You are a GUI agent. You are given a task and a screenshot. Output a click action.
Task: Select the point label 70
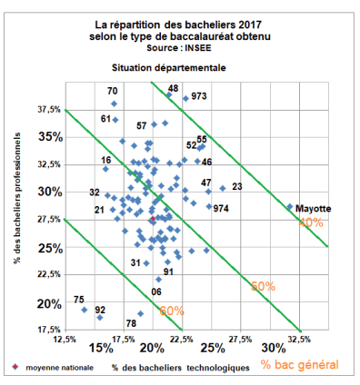click(x=113, y=91)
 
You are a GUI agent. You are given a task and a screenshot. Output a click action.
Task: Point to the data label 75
click(x=79, y=300)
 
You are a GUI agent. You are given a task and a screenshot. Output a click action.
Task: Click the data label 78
click(x=131, y=323)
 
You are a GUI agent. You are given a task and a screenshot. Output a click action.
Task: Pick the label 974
click(x=221, y=209)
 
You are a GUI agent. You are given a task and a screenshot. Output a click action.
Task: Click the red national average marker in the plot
click(x=152, y=220)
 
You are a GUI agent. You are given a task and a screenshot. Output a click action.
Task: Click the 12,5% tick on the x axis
click(x=65, y=339)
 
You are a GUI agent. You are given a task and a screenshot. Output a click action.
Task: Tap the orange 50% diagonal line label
click(x=263, y=285)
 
